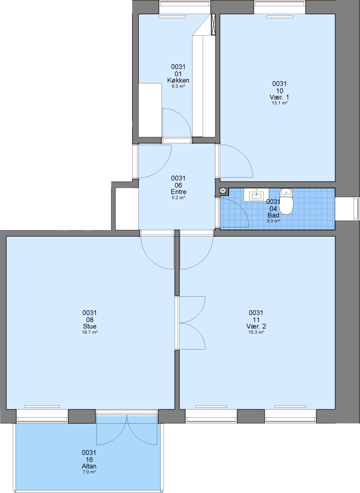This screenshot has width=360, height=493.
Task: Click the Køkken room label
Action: (178, 80)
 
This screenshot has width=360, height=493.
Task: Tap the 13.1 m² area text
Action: (280, 103)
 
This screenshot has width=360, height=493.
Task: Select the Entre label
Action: (178, 192)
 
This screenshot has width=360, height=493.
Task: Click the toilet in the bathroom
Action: (286, 201)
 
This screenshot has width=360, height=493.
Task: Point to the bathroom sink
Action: (256, 195)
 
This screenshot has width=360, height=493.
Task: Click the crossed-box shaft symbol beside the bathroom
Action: (223, 190)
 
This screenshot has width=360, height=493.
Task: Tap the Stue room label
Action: (89, 326)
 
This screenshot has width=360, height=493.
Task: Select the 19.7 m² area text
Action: (89, 332)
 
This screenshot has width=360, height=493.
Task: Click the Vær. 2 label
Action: (256, 326)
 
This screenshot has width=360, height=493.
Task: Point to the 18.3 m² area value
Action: (256, 332)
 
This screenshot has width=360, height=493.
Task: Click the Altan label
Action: (89, 466)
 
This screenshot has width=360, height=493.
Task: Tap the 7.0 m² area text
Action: (89, 472)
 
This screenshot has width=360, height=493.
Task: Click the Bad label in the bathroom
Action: (273, 215)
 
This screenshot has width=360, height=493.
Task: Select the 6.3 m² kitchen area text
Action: (178, 86)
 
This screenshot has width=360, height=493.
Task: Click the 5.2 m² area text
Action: (178, 198)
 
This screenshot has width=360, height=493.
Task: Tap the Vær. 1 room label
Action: (280, 97)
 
